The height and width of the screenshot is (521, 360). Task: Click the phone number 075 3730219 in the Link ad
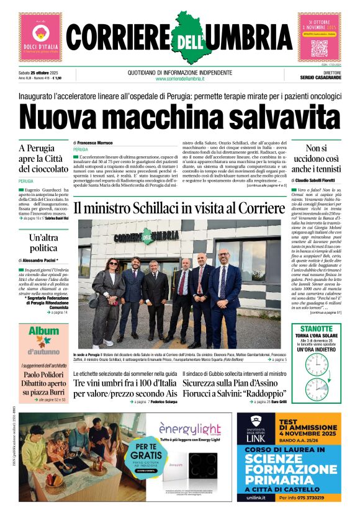[317, 497]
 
